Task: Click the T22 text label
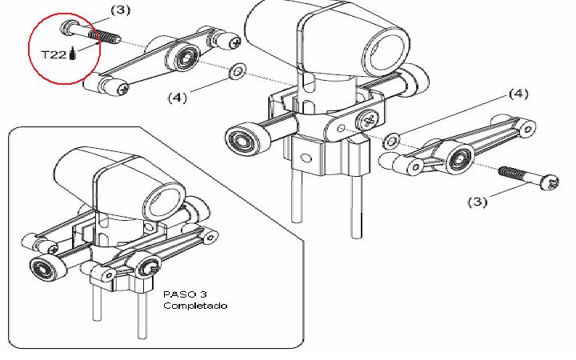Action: click(x=54, y=54)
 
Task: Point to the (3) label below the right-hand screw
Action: click(x=477, y=202)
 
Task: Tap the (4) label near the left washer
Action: click(x=178, y=98)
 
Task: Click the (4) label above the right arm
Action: click(x=518, y=94)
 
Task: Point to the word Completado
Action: click(x=195, y=306)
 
